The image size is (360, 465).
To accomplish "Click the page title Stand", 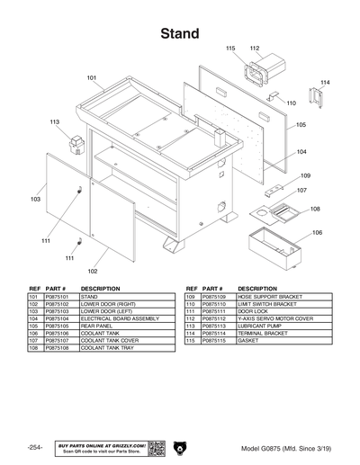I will tap(180, 33).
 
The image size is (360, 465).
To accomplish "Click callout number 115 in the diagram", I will tap(230, 48).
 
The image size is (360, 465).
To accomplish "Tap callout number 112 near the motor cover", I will tap(255, 48).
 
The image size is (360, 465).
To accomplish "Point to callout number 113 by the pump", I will tap(55, 121).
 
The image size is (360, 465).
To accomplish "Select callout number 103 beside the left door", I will tap(35, 199).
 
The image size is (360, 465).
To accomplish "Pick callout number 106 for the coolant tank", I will tap(317, 233).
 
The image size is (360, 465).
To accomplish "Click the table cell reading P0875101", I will tap(61, 296).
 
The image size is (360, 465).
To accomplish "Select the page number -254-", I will tap(34, 448).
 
